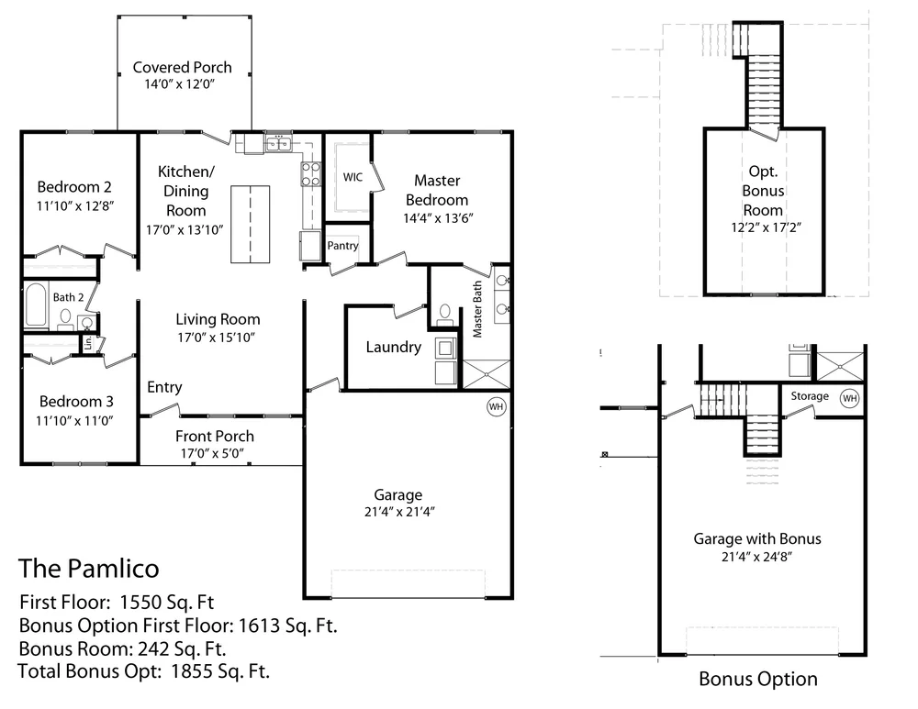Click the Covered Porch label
(x=182, y=67)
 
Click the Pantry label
(x=342, y=246)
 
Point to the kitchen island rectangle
(x=250, y=224)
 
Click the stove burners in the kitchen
(x=311, y=174)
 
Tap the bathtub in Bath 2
(x=36, y=306)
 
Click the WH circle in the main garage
(x=496, y=406)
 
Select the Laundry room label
(x=393, y=347)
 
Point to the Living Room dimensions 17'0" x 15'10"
(x=218, y=337)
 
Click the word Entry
(x=164, y=387)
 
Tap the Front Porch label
(x=215, y=436)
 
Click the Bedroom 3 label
(x=76, y=401)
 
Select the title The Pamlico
(x=88, y=568)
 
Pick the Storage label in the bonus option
(x=810, y=396)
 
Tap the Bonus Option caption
(x=757, y=680)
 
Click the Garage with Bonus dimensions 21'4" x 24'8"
(x=756, y=556)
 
